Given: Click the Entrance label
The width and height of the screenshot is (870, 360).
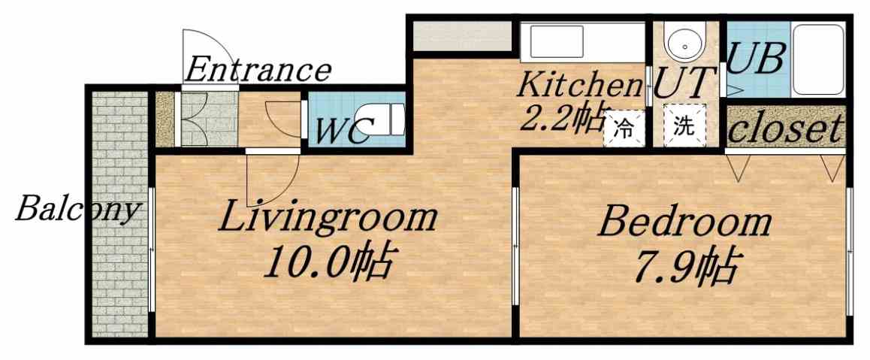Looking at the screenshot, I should coord(257,70).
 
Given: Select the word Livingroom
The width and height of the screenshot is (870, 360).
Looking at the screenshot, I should coord(328,218).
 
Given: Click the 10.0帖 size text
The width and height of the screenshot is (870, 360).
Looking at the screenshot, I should coord(328,263).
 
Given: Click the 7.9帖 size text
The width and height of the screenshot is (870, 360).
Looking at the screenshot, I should coord(684,265).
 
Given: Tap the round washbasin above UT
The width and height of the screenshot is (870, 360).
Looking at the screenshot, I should coord(684,45).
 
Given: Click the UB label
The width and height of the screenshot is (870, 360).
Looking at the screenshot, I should coord(757,59).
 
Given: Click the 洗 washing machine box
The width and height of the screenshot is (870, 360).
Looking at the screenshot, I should coord(684,127).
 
